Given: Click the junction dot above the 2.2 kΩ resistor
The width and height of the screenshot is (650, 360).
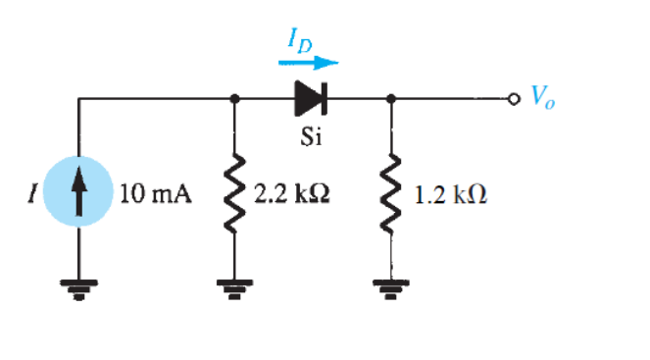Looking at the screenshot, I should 234,99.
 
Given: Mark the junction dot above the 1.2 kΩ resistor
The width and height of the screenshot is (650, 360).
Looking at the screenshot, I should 392,99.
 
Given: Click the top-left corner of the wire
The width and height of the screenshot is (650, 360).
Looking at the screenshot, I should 79,99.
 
